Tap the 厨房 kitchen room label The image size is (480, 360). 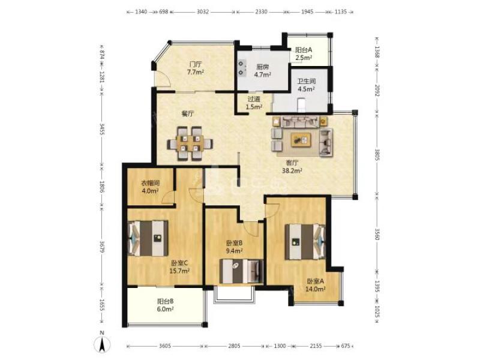click(263, 67)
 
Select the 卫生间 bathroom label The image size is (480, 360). click(307, 82)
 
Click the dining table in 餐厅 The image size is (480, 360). click(190, 143)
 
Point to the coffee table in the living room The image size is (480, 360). click(301, 140)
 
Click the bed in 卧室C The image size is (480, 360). click(148, 238)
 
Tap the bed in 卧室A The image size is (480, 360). click(305, 242)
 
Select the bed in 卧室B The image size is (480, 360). click(242, 272)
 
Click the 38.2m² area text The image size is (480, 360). click(292, 171)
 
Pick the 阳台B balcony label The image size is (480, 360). click(166, 301)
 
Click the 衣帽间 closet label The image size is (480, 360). click(150, 184)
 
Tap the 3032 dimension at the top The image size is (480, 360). click(202, 12)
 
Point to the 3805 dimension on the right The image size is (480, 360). click(377, 155)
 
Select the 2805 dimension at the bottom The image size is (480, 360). click(234, 346)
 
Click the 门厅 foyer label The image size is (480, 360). click(196, 65)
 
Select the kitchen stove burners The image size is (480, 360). click(242, 68)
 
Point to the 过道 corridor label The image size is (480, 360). click(254, 99)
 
